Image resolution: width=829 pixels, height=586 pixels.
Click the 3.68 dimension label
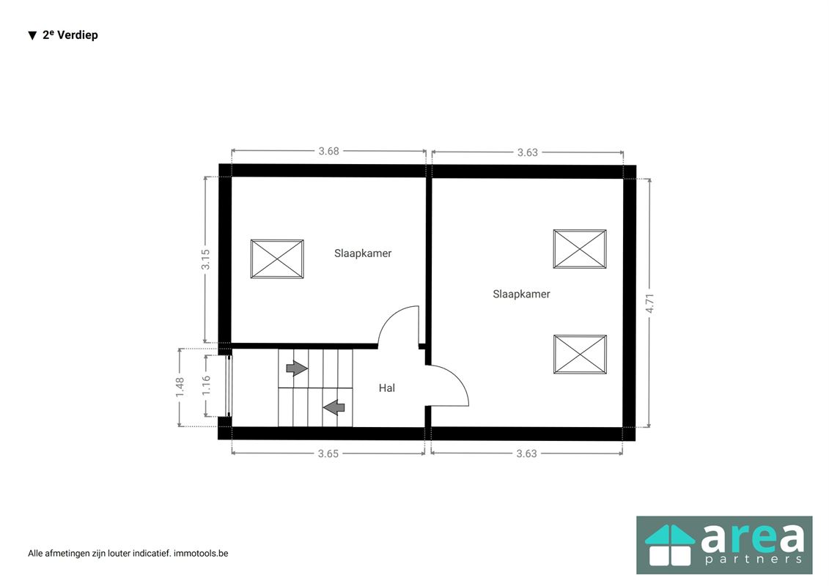[328, 151]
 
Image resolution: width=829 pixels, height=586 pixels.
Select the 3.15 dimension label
[206, 259]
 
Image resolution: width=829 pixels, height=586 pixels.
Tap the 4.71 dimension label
[649, 303]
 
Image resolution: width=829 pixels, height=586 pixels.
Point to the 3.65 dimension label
[328, 453]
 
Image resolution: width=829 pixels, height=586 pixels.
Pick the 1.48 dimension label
[180, 387]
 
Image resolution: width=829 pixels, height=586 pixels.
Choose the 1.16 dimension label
[206, 385]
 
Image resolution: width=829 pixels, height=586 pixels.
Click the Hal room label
[386, 387]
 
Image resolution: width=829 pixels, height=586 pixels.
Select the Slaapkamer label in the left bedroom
[363, 253]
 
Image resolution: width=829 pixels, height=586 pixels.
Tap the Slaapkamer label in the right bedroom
[521, 294]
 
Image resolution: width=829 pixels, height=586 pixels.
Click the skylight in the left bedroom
[277, 259]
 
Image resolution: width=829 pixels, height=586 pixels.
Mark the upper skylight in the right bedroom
[580, 249]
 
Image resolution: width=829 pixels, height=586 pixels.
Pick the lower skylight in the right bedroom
[580, 354]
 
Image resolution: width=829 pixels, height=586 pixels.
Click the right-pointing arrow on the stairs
[297, 368]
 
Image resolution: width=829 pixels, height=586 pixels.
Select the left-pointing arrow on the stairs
[334, 407]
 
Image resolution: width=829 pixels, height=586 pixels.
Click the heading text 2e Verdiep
[70, 35]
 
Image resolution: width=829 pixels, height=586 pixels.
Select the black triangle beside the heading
[32, 35]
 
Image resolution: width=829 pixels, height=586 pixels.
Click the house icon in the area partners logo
[670, 545]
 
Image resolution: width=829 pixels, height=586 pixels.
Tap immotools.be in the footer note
[201, 553]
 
